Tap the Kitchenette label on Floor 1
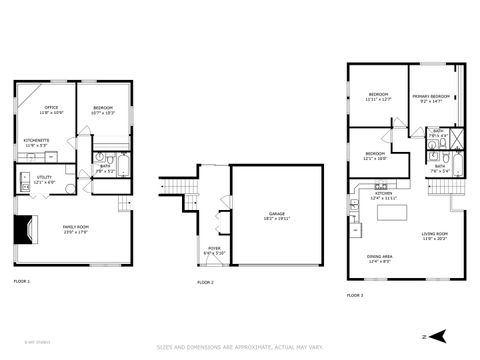[37, 142]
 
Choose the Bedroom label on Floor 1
[104, 110]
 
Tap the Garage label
[276, 215]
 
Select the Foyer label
[214, 250]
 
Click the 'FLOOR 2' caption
[205, 283]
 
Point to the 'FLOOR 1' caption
[22, 282]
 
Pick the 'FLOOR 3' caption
[356, 295]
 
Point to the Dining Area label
[379, 258]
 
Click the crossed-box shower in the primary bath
[456, 139]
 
